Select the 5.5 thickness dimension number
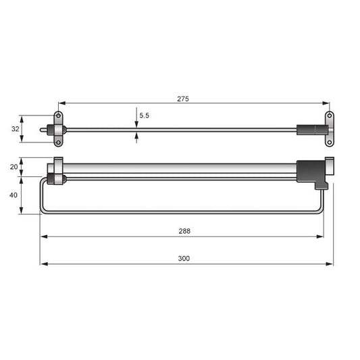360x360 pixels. (x=144, y=115)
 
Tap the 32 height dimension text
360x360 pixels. (x=15, y=128)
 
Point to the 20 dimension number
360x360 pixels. (x=15, y=167)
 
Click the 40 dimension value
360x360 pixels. (x=15, y=195)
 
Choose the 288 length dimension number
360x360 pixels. (x=184, y=231)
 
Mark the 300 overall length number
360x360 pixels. (x=184, y=259)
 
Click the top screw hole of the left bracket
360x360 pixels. (x=58, y=115)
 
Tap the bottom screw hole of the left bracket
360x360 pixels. (x=58, y=142)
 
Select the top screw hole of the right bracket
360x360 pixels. (x=330, y=115)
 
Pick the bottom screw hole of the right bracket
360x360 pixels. (x=330, y=142)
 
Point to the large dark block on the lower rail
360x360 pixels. (x=311, y=172)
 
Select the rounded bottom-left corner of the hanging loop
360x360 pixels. (x=43, y=211)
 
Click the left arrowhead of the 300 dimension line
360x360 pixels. (x=43, y=264)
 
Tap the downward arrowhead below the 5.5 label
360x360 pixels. (x=136, y=123)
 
